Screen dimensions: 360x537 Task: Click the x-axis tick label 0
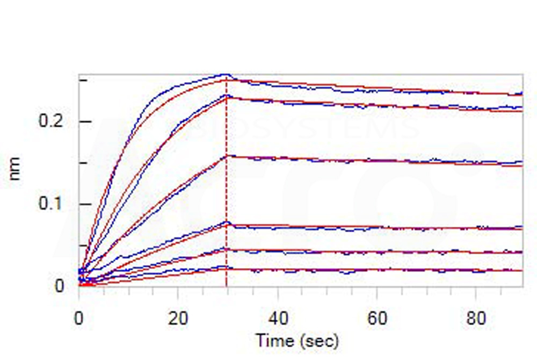pyautogui.click(x=79, y=320)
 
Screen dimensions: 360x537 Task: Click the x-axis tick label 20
pyautogui.click(x=178, y=320)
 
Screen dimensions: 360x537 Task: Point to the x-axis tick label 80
pyautogui.click(x=476, y=320)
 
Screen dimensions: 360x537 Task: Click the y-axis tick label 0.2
pyautogui.click(x=52, y=122)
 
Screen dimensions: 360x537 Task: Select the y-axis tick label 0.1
pyautogui.click(x=52, y=205)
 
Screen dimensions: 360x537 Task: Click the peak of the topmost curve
pyautogui.click(x=227, y=75)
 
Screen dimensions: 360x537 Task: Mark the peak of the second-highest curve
pyautogui.click(x=227, y=96)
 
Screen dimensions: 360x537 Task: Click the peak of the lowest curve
pyautogui.click(x=227, y=267)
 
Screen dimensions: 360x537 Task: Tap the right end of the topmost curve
pyautogui.click(x=522, y=94)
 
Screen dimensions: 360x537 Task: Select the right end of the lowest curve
pyautogui.click(x=522, y=270)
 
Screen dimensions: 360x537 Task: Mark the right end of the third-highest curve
pyautogui.click(x=522, y=162)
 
